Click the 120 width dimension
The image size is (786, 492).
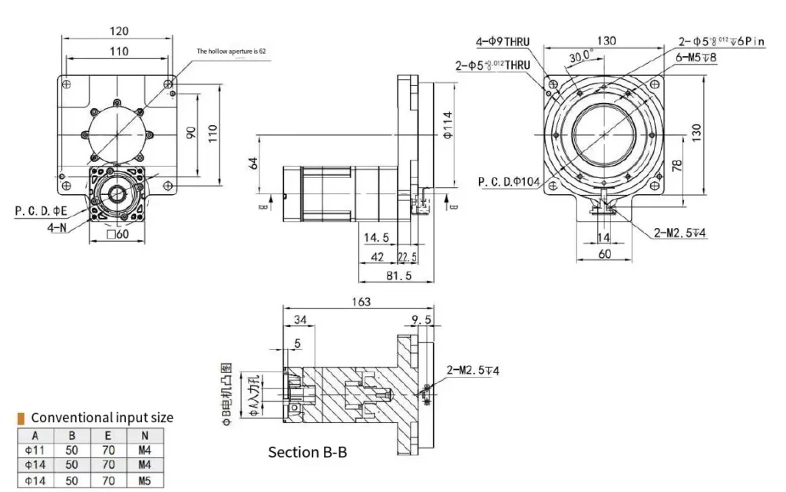coord(118,31)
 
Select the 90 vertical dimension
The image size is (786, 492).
coord(192,132)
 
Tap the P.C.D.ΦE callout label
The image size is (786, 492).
coord(41,210)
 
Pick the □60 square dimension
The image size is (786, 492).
coord(117,235)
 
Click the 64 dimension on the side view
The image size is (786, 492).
coord(253,163)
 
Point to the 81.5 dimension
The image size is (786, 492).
coord(397,276)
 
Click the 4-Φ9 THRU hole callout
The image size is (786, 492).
coord(502,42)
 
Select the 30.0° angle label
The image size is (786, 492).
coord(581,56)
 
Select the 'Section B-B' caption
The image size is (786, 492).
coord(307,452)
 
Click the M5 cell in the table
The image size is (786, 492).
coord(144,482)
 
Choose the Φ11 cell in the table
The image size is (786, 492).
coord(35,450)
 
